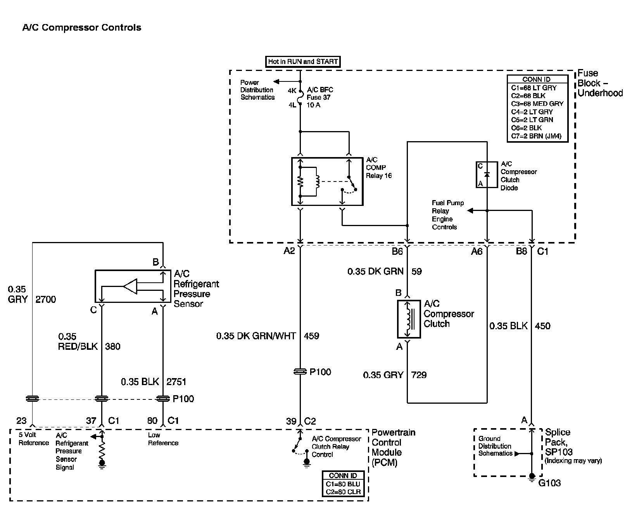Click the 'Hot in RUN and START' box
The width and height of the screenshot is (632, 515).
pyautogui.click(x=303, y=61)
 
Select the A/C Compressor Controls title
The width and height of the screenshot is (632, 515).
pyautogui.click(x=82, y=28)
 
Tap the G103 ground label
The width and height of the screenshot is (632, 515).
pyautogui.click(x=550, y=483)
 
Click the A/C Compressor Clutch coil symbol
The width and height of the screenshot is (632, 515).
pyautogui.click(x=409, y=319)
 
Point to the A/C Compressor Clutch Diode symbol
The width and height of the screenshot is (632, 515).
pyautogui.click(x=487, y=175)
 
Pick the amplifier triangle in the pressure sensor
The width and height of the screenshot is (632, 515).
pyautogui.click(x=130, y=287)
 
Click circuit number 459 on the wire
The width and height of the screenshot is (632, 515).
pyautogui.click(x=312, y=336)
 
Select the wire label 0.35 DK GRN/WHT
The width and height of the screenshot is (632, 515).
pyautogui.click(x=256, y=336)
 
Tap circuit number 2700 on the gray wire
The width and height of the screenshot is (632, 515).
pyautogui.click(x=46, y=299)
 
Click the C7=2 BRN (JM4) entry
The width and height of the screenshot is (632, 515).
pyautogui.click(x=536, y=136)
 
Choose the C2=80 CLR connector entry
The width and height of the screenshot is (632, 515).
pyautogui.click(x=343, y=492)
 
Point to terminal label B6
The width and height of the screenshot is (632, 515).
pyautogui.click(x=397, y=251)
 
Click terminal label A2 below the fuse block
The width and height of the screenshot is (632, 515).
pyautogui.click(x=289, y=251)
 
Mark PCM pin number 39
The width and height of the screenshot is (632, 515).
pyautogui.click(x=291, y=421)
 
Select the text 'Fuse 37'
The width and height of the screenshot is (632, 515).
pyautogui.click(x=318, y=97)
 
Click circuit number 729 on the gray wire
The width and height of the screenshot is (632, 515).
pyautogui.click(x=419, y=375)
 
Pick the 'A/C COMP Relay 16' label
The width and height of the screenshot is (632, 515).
pyautogui.click(x=378, y=168)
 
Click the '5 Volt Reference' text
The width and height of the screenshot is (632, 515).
pyautogui.click(x=33, y=439)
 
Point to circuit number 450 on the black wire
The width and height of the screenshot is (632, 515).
pyautogui.click(x=542, y=326)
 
